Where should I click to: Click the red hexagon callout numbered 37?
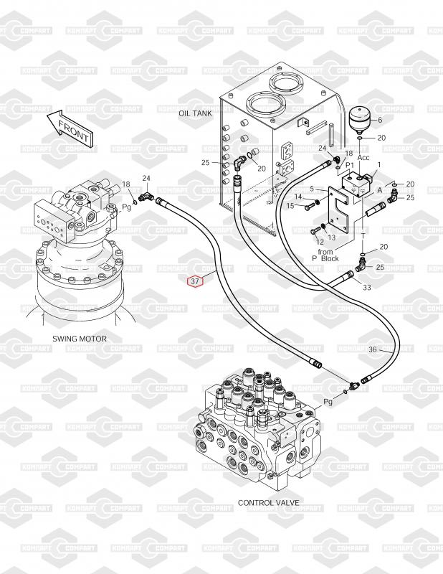[194, 281]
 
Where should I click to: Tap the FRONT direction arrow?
[70, 128]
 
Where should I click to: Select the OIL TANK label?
[195, 113]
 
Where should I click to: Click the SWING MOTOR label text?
[80, 339]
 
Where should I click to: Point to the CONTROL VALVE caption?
[269, 503]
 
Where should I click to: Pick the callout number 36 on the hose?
[373, 349]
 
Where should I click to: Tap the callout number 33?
[367, 288]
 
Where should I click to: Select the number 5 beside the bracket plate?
[312, 189]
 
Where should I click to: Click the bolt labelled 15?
[309, 207]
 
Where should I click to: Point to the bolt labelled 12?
[315, 231]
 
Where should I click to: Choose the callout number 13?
[331, 237]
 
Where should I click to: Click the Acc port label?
[363, 157]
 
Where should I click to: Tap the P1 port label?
[350, 165]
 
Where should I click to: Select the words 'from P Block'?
[325, 255]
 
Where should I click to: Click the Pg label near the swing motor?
[127, 207]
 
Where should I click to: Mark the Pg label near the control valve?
[328, 402]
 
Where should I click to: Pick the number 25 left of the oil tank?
[206, 162]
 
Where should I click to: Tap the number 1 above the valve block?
[379, 165]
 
